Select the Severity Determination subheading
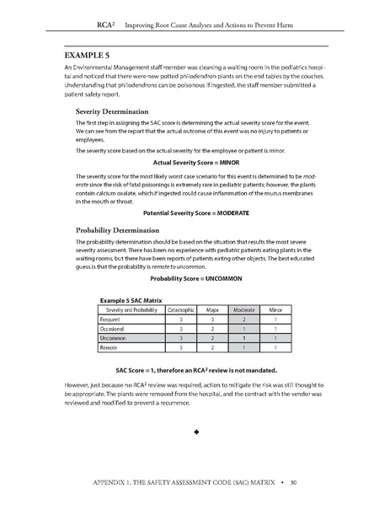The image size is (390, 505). [x=114, y=111]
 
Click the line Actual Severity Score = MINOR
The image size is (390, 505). [x=195, y=162]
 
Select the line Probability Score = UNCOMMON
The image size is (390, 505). [x=195, y=278]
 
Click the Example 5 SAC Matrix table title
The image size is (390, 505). [x=131, y=299]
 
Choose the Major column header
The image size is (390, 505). [x=212, y=309]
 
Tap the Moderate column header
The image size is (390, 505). [x=243, y=309]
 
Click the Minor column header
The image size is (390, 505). [x=275, y=309]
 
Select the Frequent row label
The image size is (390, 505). [x=110, y=319]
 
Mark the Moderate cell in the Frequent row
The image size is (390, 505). [x=243, y=319]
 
